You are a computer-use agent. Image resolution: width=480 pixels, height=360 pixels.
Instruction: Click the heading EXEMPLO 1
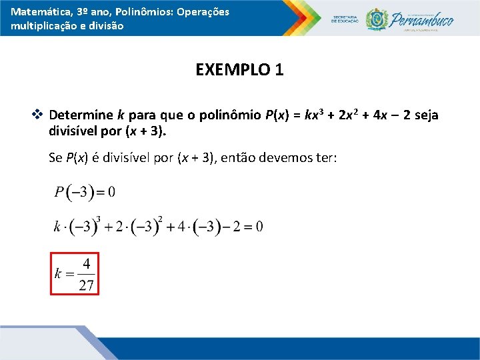click(x=239, y=70)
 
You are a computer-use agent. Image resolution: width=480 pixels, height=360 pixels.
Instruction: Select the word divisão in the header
click(x=106, y=26)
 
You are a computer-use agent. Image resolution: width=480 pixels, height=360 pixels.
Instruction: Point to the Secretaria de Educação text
click(x=345, y=19)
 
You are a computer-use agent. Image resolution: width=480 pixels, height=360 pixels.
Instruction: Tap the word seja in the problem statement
click(x=425, y=115)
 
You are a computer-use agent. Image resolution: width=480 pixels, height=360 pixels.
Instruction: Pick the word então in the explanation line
click(x=237, y=158)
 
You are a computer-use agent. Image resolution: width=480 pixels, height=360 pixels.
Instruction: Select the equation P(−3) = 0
click(x=85, y=193)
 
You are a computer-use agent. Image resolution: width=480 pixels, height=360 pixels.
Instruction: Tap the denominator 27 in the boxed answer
click(x=87, y=286)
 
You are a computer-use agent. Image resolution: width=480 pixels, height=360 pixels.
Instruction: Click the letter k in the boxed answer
click(x=58, y=274)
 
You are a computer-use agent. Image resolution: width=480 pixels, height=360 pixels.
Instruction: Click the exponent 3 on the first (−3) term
click(x=98, y=219)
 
